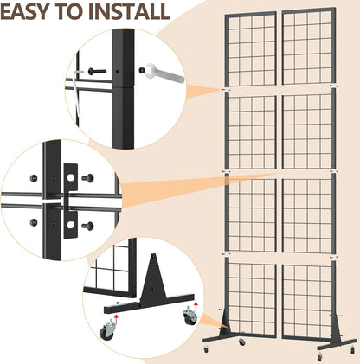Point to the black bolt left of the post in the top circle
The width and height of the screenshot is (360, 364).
click(x=93, y=72)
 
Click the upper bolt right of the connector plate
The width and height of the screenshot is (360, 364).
click(x=89, y=178)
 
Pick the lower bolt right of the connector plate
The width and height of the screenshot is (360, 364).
click(x=88, y=226)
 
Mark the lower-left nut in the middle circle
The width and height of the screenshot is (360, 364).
click(x=34, y=223)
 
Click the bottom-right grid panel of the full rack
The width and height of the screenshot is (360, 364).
click(x=306, y=298)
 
